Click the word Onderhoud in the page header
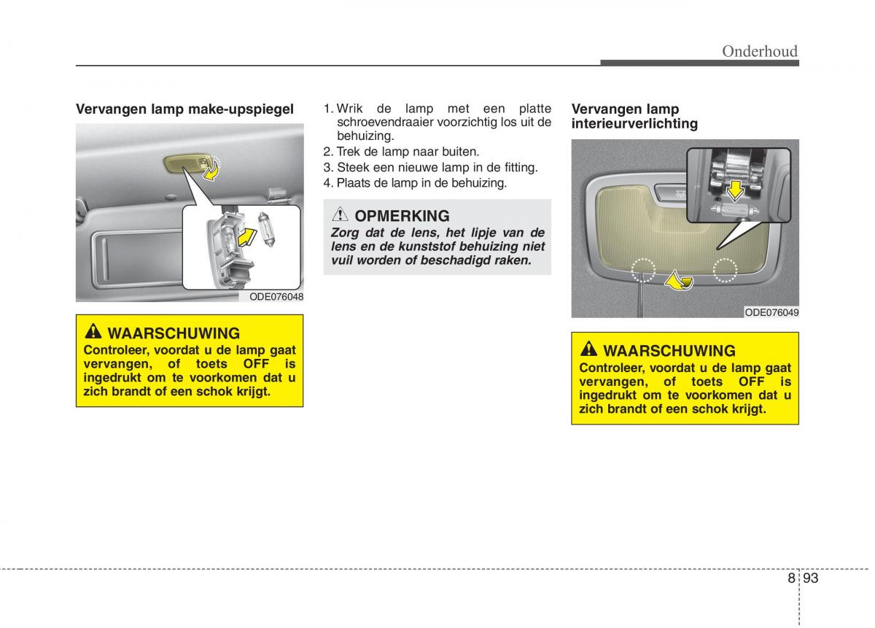[760, 51]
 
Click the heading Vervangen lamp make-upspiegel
[185, 109]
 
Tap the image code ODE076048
[276, 297]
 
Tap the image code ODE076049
[771, 312]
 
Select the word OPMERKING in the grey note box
[402, 216]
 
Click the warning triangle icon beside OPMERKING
[341, 215]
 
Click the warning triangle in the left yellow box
[93, 333]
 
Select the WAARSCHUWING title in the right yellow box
[669, 350]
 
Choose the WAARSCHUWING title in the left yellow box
[174, 333]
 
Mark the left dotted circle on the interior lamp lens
[642, 269]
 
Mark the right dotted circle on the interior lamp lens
[725, 269]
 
